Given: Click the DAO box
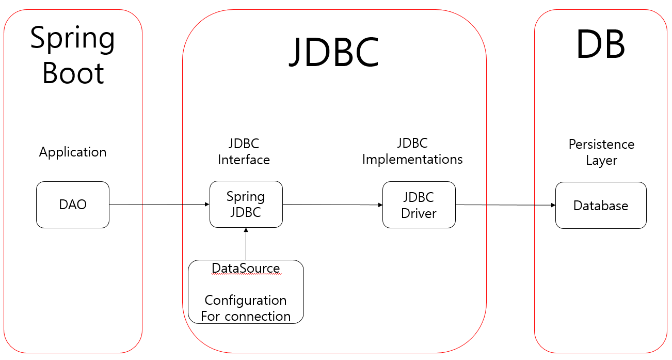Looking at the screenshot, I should point(73,205).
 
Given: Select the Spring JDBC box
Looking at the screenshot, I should point(246,204).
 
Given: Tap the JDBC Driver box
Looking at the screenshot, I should point(419,205).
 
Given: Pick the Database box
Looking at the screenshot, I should point(601,205).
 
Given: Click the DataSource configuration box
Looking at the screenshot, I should point(246,292).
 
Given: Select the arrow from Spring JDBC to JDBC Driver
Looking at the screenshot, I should point(332,205).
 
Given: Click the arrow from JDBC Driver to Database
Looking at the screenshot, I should point(505,205).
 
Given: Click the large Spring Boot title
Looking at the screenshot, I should point(73,55).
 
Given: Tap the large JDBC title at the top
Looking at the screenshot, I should point(334,52).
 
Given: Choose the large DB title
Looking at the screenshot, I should point(600,45).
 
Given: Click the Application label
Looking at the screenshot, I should point(73,152).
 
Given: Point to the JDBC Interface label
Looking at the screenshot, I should point(244,151).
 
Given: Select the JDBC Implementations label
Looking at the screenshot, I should point(412,151).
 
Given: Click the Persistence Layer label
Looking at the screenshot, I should point(601,152).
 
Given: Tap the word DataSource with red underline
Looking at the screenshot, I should point(246,269).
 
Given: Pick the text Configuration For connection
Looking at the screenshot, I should point(246,308).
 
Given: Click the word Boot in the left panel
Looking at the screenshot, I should point(73,73).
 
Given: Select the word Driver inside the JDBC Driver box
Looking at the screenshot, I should point(419,213).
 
